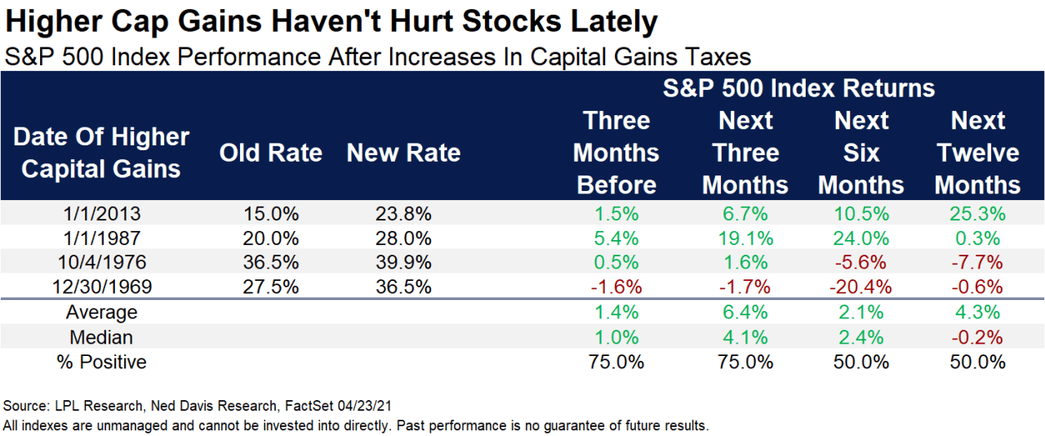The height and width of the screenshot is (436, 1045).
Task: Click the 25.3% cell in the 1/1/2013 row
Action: coord(978,215)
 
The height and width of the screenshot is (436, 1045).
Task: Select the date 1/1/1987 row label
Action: coord(101,238)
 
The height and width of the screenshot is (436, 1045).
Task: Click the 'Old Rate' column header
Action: coord(271,153)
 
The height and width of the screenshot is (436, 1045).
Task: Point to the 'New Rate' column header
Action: coord(403,153)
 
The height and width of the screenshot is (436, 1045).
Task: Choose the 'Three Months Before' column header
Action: coord(616,153)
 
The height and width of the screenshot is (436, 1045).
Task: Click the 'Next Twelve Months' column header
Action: coord(978,153)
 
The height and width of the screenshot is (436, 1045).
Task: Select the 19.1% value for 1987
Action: coord(745,238)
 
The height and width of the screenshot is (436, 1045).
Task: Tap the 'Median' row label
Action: coord(101,337)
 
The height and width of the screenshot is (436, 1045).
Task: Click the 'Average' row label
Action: coord(101,313)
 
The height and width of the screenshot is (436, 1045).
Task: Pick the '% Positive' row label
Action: coord(101,362)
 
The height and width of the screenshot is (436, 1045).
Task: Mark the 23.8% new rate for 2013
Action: coord(403,215)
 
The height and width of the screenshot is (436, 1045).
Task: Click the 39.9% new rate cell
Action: coord(403,262)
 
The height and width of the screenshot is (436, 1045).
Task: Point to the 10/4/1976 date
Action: coord(101,262)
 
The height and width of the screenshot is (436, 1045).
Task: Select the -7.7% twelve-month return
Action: coord(978,262)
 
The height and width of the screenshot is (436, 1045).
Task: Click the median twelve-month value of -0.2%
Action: coord(978,337)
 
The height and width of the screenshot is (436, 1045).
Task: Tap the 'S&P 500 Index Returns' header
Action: coord(798,88)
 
